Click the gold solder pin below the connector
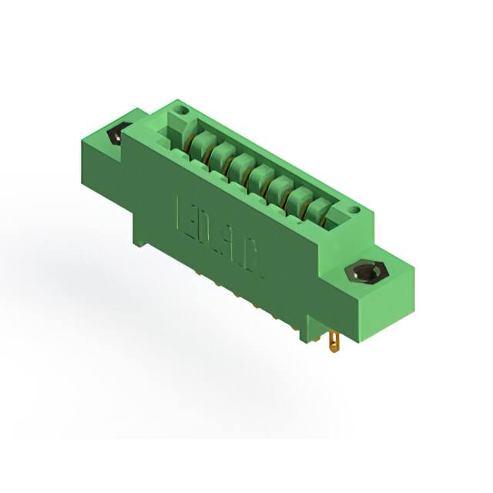point(334,339)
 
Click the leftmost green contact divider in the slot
point(202,141)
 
